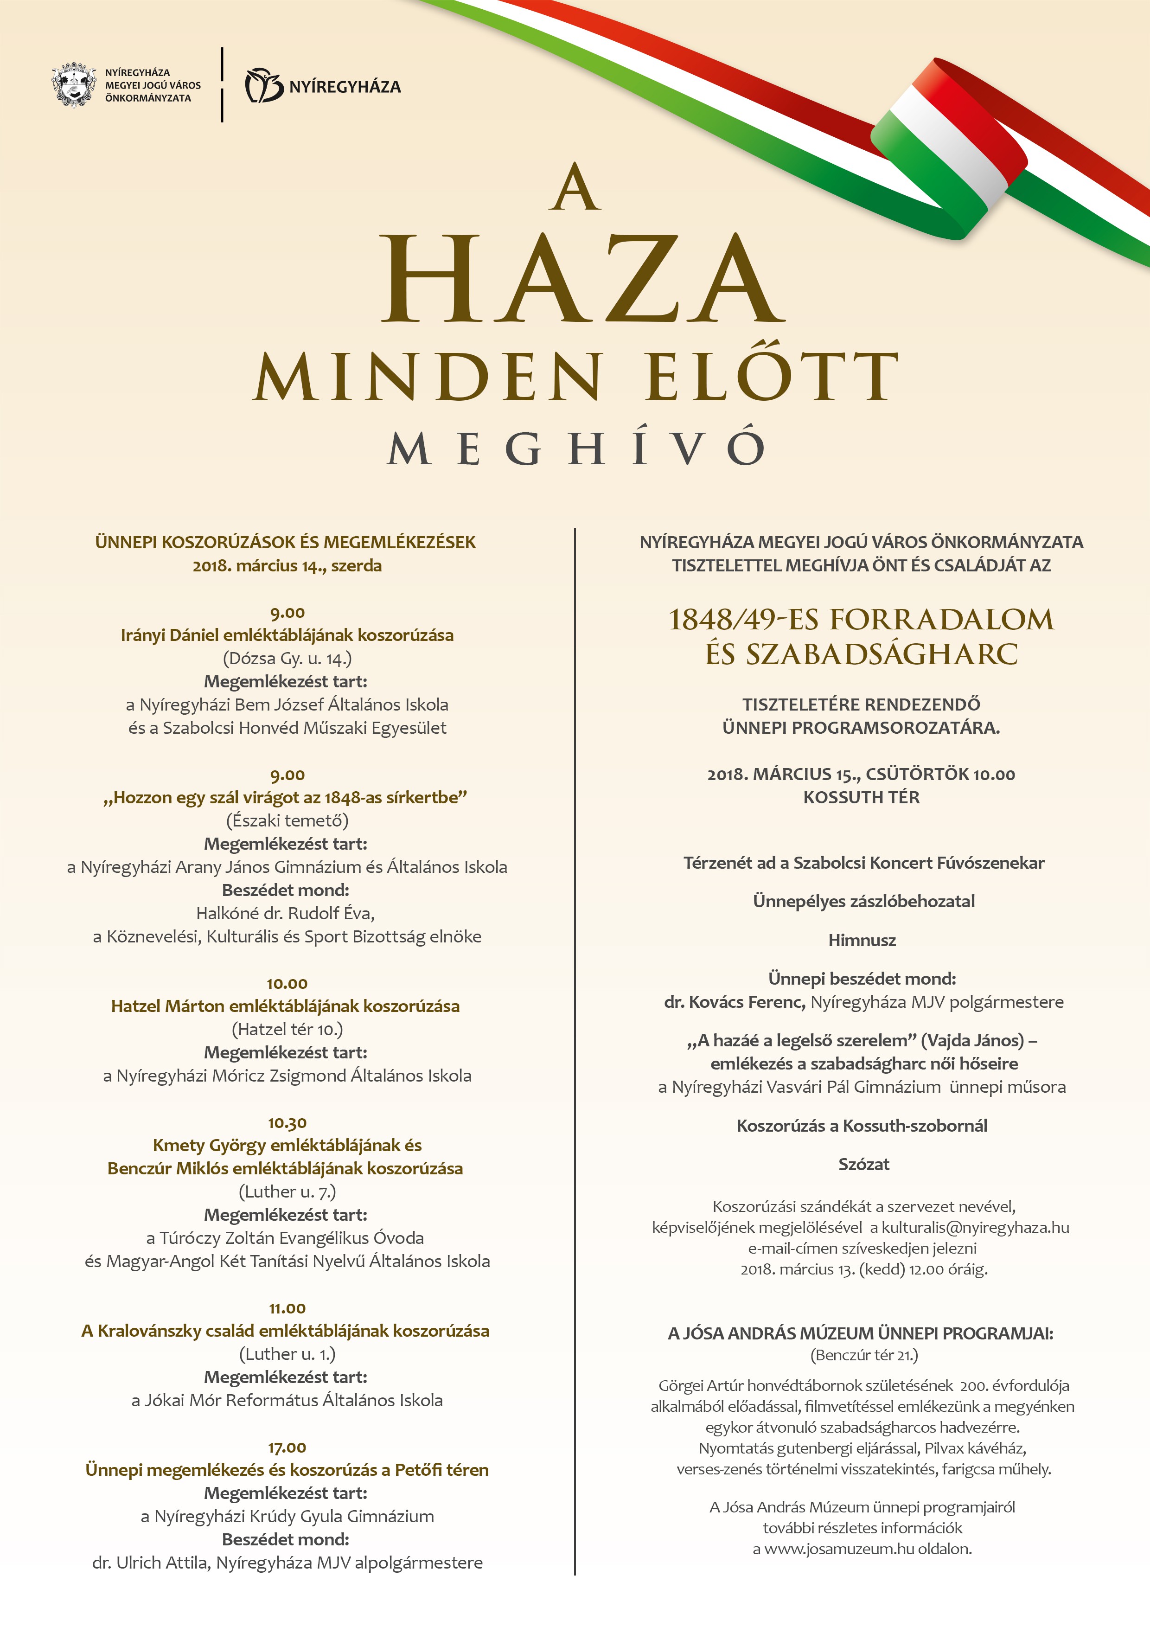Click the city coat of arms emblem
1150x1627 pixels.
click(74, 86)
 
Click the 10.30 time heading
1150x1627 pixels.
click(287, 1123)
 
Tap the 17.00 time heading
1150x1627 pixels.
click(287, 1448)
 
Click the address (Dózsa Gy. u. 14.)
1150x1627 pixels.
click(287, 658)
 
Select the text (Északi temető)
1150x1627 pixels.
click(287, 820)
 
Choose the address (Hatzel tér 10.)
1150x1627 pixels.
click(287, 1029)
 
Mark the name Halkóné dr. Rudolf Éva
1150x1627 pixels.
click(286, 913)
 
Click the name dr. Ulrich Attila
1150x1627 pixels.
click(151, 1563)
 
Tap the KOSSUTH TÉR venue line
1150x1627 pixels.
click(861, 797)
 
